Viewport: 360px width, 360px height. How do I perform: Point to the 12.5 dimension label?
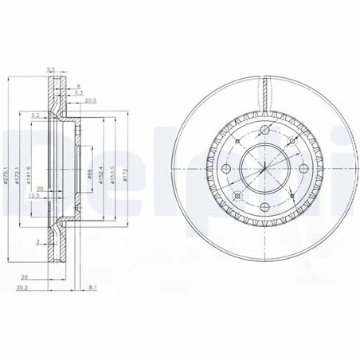(x=33, y=195)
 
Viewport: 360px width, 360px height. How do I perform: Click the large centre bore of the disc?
(x=262, y=170)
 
